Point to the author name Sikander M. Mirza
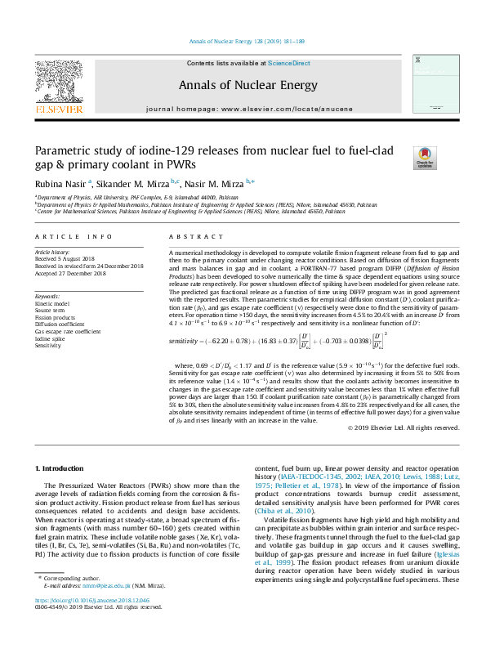[x=136, y=183]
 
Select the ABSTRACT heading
[x=188, y=237]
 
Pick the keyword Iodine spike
[x=49, y=339]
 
